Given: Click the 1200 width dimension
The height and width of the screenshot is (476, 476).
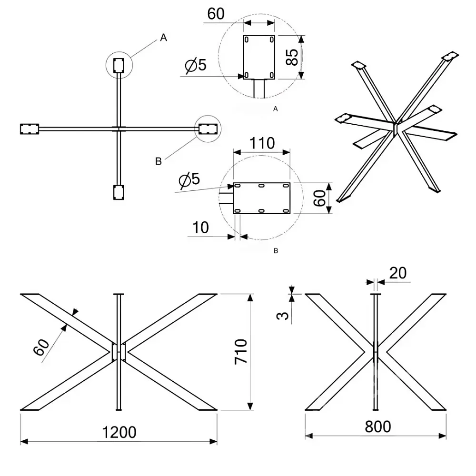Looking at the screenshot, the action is [x=119, y=432].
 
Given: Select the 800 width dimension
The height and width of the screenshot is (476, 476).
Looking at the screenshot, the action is [x=377, y=426].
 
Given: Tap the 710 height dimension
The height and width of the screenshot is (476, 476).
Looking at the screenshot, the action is [x=241, y=352].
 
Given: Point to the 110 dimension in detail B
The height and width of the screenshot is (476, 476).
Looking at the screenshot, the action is [x=262, y=143].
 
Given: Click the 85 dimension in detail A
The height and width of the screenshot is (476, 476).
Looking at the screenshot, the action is [x=292, y=57].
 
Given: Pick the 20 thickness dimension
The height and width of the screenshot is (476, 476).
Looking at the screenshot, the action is [x=397, y=273].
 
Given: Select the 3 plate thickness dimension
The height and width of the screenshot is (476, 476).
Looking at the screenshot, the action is [x=283, y=316].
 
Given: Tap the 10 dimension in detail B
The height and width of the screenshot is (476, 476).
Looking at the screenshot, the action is [x=200, y=228].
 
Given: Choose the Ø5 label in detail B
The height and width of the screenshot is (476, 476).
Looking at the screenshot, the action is [x=189, y=179].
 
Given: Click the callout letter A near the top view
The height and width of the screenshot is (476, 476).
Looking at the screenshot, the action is [x=163, y=38].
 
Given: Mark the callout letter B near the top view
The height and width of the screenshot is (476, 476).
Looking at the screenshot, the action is [x=158, y=161].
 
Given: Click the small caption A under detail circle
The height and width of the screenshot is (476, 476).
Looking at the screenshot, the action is [x=275, y=109].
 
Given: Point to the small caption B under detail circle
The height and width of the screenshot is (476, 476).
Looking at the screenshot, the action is [x=276, y=251].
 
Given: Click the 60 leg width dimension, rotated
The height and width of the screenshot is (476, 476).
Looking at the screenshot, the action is [x=41, y=347].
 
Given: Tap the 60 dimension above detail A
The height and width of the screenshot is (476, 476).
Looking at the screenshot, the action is [x=216, y=14].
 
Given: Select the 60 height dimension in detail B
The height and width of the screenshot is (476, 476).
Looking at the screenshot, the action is [x=319, y=198].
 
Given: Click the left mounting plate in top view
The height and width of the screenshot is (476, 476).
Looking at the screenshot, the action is [x=30, y=129].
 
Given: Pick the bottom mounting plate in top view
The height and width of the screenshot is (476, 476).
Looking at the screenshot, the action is [x=119, y=192].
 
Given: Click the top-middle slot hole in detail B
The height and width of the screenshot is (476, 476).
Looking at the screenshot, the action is [x=261, y=186].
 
